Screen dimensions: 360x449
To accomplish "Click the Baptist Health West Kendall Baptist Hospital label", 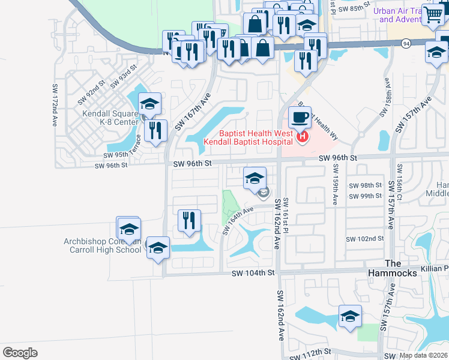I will click(248, 137).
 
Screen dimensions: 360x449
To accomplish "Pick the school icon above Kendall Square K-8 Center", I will click(149, 104).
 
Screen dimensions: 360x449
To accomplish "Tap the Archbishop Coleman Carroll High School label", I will click(103, 246).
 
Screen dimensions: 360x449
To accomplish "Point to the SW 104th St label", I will click(253, 272).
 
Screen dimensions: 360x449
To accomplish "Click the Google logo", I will click(20, 353).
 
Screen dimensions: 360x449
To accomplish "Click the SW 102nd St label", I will click(364, 238).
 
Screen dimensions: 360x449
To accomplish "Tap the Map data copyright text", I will click(423, 355).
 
